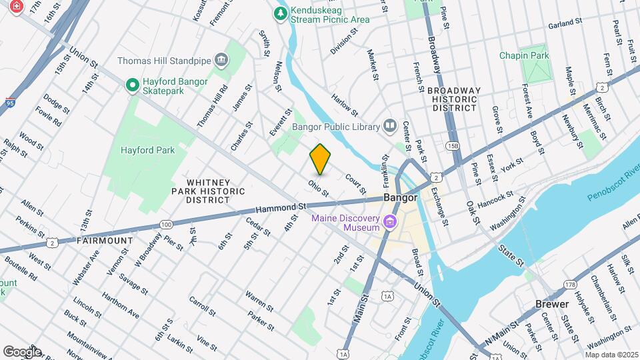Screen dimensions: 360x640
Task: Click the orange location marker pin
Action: coord(321,159)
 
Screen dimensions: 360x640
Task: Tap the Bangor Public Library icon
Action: coord(389,126)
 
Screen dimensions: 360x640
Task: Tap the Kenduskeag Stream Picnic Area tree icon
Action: coord(281,13)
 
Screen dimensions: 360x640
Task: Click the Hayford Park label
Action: coord(147,151)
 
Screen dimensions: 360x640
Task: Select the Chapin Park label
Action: coord(524,55)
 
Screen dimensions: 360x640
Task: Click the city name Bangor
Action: coord(400,198)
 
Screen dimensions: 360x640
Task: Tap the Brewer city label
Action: coord(552,304)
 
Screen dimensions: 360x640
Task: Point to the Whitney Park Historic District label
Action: coord(209,191)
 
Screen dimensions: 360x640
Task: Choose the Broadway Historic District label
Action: coord(453,99)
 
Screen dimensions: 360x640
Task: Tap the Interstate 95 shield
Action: coord(9,102)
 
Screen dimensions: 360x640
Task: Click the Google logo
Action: coord(22,351)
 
